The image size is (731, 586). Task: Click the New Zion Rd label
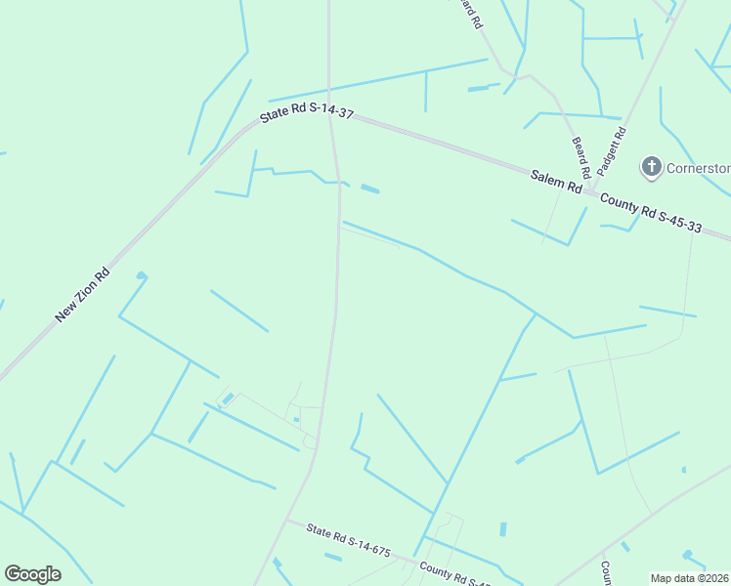[x=82, y=295]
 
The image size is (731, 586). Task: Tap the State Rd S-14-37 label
[x=306, y=113]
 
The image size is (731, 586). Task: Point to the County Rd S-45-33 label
[x=651, y=213]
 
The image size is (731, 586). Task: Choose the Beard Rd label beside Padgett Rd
[x=580, y=157]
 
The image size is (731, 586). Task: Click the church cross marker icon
[x=651, y=167]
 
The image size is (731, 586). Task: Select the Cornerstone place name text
[x=698, y=167]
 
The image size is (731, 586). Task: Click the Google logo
[x=32, y=573]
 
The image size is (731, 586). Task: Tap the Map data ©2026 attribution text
[x=690, y=578]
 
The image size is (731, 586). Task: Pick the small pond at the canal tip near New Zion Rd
[x=142, y=276]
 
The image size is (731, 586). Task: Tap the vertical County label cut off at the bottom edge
[x=606, y=574]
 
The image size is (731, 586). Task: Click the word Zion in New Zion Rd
[x=86, y=291]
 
